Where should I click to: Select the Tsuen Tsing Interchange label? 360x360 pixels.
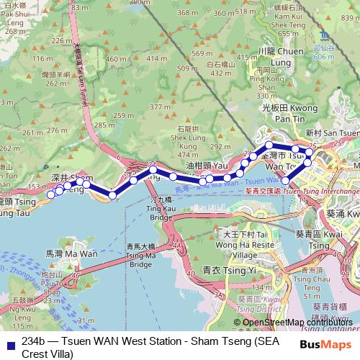(x=320, y=192)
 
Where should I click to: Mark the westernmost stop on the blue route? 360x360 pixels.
(x=51, y=194)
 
